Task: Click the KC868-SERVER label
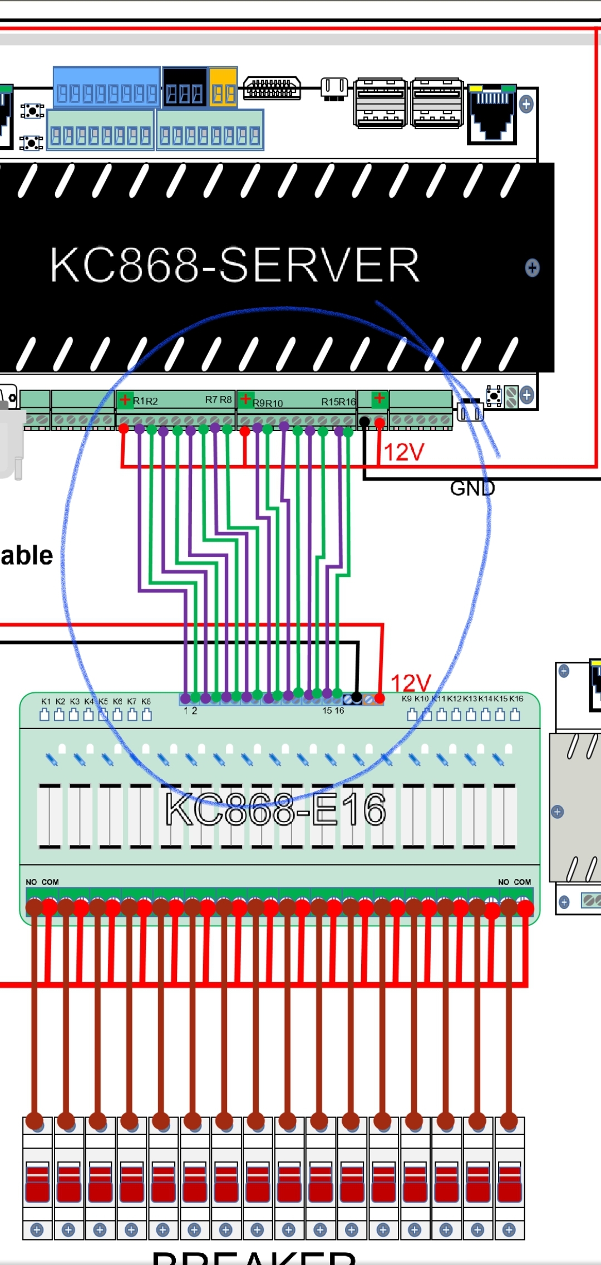coord(234,265)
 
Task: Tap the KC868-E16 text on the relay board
coord(275,809)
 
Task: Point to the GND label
coord(472,489)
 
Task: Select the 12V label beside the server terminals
coord(404,452)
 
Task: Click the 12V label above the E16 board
coord(411,683)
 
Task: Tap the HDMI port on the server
coord(272,88)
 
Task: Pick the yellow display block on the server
coord(223,87)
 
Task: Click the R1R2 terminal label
coord(145,401)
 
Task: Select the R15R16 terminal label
coord(338,402)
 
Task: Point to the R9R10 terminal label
coord(268,403)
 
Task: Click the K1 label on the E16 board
coord(46,701)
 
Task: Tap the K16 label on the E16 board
coord(516,699)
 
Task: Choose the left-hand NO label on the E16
coord(31,882)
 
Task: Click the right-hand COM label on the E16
coord(522,882)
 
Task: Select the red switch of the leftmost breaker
coord(37,1182)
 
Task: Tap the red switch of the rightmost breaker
coord(509,1182)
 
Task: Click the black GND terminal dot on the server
coord(364,422)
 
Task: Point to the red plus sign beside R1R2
coord(125,399)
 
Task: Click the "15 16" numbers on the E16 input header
coord(333,711)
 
